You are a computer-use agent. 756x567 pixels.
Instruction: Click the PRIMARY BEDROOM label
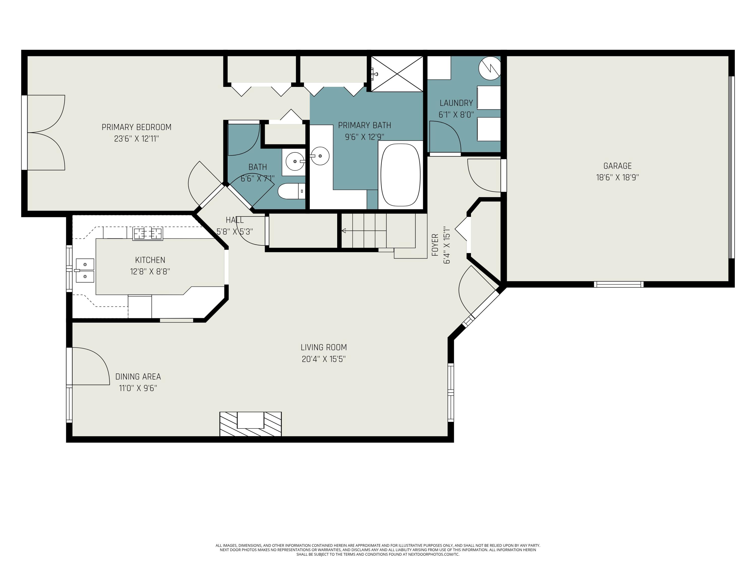[136, 127]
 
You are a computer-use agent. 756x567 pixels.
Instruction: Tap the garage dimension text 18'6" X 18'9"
[617, 177]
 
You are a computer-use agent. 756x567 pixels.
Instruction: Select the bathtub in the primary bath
[400, 175]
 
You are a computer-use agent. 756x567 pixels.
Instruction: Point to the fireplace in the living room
[250, 424]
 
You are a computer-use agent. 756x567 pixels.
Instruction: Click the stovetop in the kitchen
[148, 234]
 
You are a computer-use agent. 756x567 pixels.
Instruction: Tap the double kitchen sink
[84, 271]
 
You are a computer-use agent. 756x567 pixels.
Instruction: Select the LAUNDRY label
[456, 103]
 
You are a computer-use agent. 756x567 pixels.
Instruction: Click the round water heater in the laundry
[489, 68]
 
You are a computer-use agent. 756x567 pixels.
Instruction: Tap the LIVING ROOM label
[324, 347]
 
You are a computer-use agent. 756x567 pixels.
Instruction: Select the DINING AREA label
[138, 377]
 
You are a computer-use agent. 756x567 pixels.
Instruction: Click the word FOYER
[435, 245]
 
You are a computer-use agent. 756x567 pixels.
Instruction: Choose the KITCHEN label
[150, 260]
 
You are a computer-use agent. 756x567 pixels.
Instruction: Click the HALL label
[235, 220]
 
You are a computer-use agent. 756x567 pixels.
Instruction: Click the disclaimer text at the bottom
[378, 550]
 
